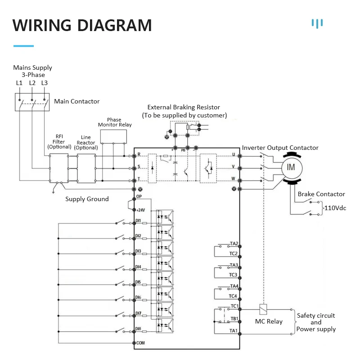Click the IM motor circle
click(x=291, y=167)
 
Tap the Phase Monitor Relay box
click(x=113, y=135)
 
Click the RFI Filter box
click(x=58, y=168)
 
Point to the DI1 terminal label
click(x=139, y=220)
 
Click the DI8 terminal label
click(x=139, y=328)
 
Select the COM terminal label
click(x=140, y=343)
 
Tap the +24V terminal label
click(x=140, y=210)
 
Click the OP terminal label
click(x=139, y=197)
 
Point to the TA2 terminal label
click(x=234, y=243)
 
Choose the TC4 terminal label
click(x=233, y=296)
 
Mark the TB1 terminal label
click(x=234, y=319)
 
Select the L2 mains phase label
click(x=32, y=83)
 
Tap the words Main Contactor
click(x=77, y=101)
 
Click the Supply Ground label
click(x=87, y=199)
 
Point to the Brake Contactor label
click(x=321, y=194)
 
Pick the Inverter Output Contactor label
click(x=280, y=148)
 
